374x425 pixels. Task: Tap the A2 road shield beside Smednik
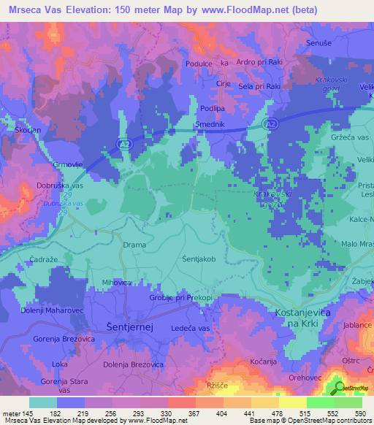click(270, 126)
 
